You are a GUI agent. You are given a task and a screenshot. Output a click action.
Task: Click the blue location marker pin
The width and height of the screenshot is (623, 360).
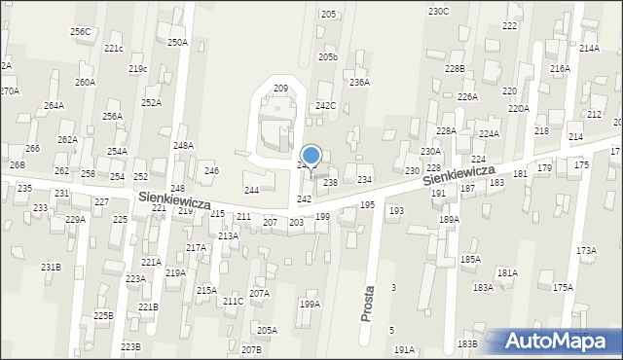click(x=311, y=157)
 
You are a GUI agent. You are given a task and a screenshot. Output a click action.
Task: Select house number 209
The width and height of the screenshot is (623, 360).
click(x=280, y=89)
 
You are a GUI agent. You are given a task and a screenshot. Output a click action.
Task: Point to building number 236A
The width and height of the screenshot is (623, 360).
click(x=359, y=83)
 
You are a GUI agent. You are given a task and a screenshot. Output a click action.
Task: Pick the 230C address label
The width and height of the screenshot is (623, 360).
click(x=438, y=11)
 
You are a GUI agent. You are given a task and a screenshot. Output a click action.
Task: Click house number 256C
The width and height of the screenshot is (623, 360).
click(x=80, y=32)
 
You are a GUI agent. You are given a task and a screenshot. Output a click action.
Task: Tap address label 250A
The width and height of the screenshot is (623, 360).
click(x=177, y=43)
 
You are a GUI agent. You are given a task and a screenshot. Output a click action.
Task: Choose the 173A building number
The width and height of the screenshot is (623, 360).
click(x=586, y=251)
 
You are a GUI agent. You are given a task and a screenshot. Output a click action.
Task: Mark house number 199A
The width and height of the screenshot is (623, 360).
click(x=310, y=305)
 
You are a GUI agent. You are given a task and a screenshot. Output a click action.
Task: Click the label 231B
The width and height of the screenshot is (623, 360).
click(x=51, y=267)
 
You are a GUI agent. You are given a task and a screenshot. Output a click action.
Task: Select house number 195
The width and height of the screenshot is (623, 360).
click(x=367, y=205)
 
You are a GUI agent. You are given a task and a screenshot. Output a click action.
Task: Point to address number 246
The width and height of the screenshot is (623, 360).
click(x=211, y=171)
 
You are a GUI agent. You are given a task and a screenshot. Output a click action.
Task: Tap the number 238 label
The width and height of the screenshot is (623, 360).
click(x=330, y=183)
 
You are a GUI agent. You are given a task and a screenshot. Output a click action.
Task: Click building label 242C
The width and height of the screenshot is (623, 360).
click(x=325, y=106)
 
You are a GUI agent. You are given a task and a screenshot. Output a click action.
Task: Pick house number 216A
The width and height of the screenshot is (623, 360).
click(x=560, y=69)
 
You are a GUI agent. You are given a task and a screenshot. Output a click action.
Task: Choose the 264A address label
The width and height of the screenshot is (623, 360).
click(x=54, y=105)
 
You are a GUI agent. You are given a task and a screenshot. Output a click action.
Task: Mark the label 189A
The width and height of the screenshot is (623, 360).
click(x=449, y=220)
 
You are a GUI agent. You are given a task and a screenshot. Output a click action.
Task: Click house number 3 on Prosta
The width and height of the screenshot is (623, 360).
click(x=393, y=288)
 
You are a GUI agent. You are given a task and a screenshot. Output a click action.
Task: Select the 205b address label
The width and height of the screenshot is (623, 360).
click(x=328, y=57)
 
